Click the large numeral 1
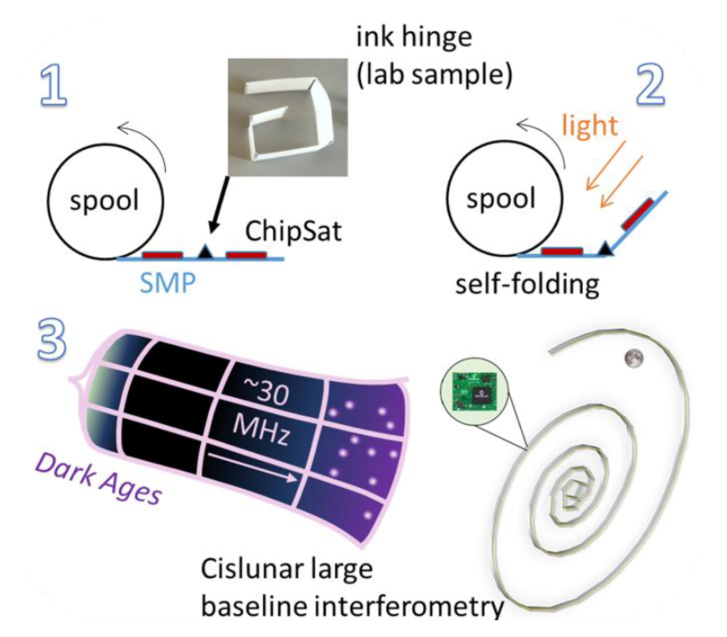54,86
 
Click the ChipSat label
293,231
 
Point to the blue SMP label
168,283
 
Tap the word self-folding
527,284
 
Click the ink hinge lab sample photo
288,117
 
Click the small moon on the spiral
634,358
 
